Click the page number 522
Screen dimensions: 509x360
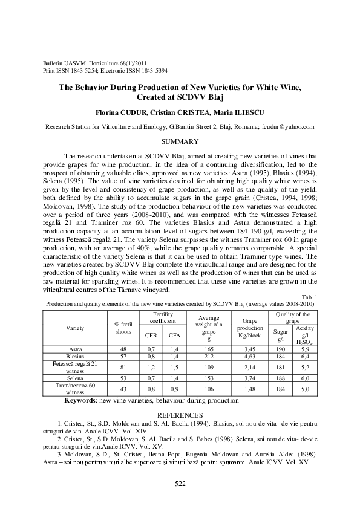click(180, 482)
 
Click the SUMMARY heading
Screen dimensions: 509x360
click(180, 141)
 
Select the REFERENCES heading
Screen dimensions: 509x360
click(180, 415)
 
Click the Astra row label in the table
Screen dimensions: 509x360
click(76, 349)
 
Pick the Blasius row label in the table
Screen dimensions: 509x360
click(76, 357)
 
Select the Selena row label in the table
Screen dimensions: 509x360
click(76, 377)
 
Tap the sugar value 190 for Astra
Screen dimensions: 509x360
click(280, 349)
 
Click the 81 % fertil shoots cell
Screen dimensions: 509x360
click(123, 366)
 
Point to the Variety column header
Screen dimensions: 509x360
click(76, 328)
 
